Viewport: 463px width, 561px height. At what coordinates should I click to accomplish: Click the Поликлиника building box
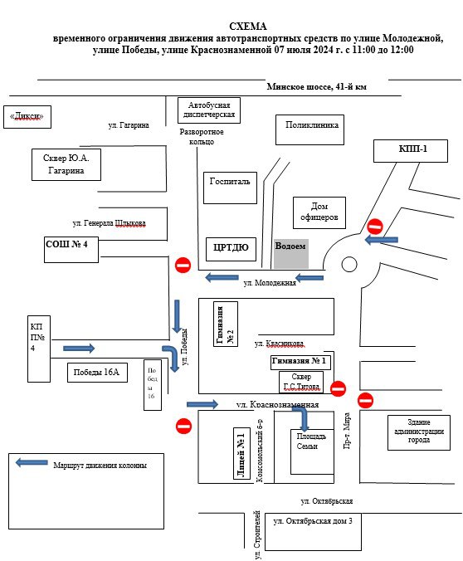point(309,129)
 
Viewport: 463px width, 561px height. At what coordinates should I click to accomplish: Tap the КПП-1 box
point(411,151)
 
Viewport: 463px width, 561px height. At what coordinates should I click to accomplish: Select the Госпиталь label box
point(230,188)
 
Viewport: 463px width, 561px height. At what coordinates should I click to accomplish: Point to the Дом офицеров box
point(319,213)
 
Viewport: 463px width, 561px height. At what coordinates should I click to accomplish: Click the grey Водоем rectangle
point(291,254)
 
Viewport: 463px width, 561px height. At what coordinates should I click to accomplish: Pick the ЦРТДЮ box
point(231,249)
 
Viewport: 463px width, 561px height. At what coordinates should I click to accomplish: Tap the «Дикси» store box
point(27,117)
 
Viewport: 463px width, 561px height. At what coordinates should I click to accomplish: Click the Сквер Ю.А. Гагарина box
point(66,164)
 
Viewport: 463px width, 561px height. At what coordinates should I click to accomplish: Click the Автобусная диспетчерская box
point(209,110)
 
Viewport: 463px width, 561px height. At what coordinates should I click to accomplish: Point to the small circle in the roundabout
point(349,265)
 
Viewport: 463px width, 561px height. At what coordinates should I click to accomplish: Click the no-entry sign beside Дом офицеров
point(375,227)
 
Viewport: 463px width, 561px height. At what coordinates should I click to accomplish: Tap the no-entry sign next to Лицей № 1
point(183,426)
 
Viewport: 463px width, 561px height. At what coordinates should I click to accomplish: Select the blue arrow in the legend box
point(32,462)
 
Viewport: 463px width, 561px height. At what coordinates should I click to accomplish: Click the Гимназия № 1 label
point(300,362)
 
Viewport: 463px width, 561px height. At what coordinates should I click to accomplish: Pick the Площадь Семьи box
point(312,452)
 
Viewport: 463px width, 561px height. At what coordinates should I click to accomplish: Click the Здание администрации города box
point(419,432)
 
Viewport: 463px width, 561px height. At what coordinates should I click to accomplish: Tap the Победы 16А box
point(97,373)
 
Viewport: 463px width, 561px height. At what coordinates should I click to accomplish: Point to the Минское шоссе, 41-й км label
point(317,87)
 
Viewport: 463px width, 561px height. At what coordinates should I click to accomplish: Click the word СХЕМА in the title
point(248,27)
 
